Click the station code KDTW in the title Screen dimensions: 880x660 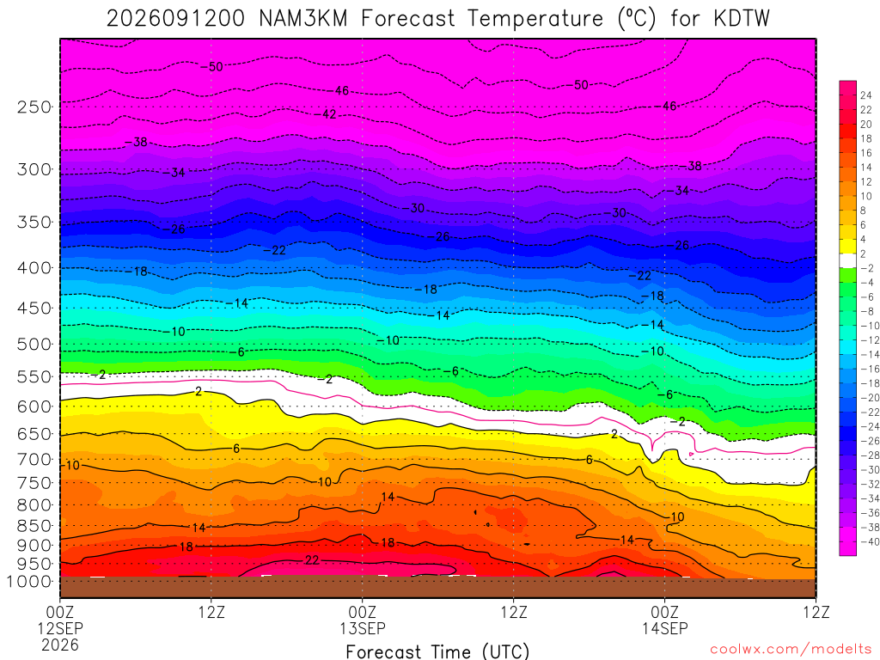point(742,19)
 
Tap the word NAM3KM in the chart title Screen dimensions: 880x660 point(302,19)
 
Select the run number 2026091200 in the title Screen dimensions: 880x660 point(175,19)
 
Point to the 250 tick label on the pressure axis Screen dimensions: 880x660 point(34,107)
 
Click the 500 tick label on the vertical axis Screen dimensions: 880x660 point(34,344)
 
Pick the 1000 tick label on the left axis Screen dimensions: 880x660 point(29,582)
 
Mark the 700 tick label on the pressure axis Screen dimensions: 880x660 point(34,459)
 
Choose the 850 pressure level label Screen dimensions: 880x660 point(34,526)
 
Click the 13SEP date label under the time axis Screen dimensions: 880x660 point(363,628)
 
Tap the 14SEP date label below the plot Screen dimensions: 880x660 point(665,628)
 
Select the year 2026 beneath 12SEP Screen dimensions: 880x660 point(60,645)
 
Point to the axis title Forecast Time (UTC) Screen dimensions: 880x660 point(437,651)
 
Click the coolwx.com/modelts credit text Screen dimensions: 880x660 point(791,650)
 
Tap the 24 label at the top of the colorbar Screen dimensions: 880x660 point(866,95)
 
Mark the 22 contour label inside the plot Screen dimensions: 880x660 point(312,560)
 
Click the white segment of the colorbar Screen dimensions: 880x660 point(847,260)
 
